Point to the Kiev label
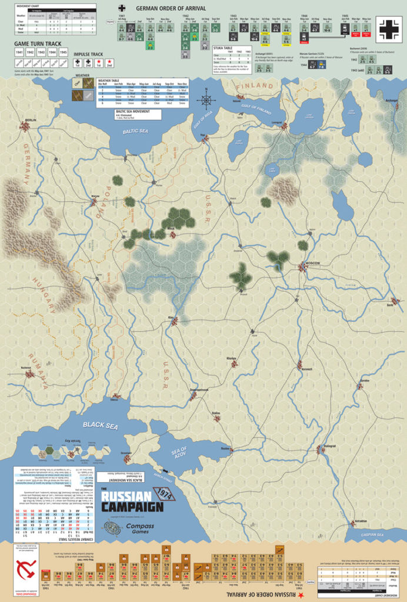171,317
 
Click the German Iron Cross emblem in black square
390,29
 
